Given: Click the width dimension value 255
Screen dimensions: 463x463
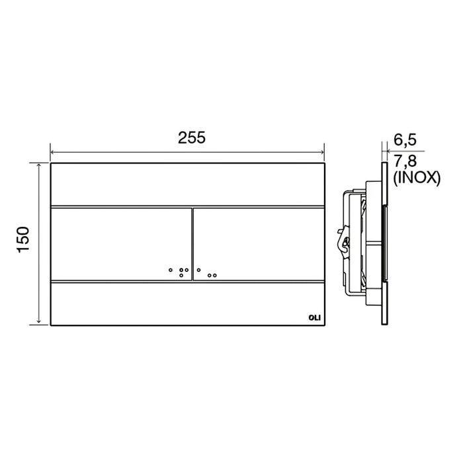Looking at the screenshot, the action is point(191,138).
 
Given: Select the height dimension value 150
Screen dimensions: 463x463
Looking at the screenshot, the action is point(23,239).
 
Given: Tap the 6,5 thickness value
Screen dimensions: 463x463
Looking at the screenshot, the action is point(405,140).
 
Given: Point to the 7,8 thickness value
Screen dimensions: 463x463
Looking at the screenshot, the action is point(405,161).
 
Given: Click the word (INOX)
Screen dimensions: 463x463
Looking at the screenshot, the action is point(417,178).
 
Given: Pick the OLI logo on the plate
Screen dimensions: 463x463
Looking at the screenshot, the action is point(314,317).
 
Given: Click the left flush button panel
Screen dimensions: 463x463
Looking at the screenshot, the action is point(121,244).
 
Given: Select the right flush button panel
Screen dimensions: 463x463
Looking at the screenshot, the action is point(259,244).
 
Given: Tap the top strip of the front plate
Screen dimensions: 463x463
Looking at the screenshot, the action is point(188,184).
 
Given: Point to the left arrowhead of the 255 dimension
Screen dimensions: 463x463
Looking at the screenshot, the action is point(52,152).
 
